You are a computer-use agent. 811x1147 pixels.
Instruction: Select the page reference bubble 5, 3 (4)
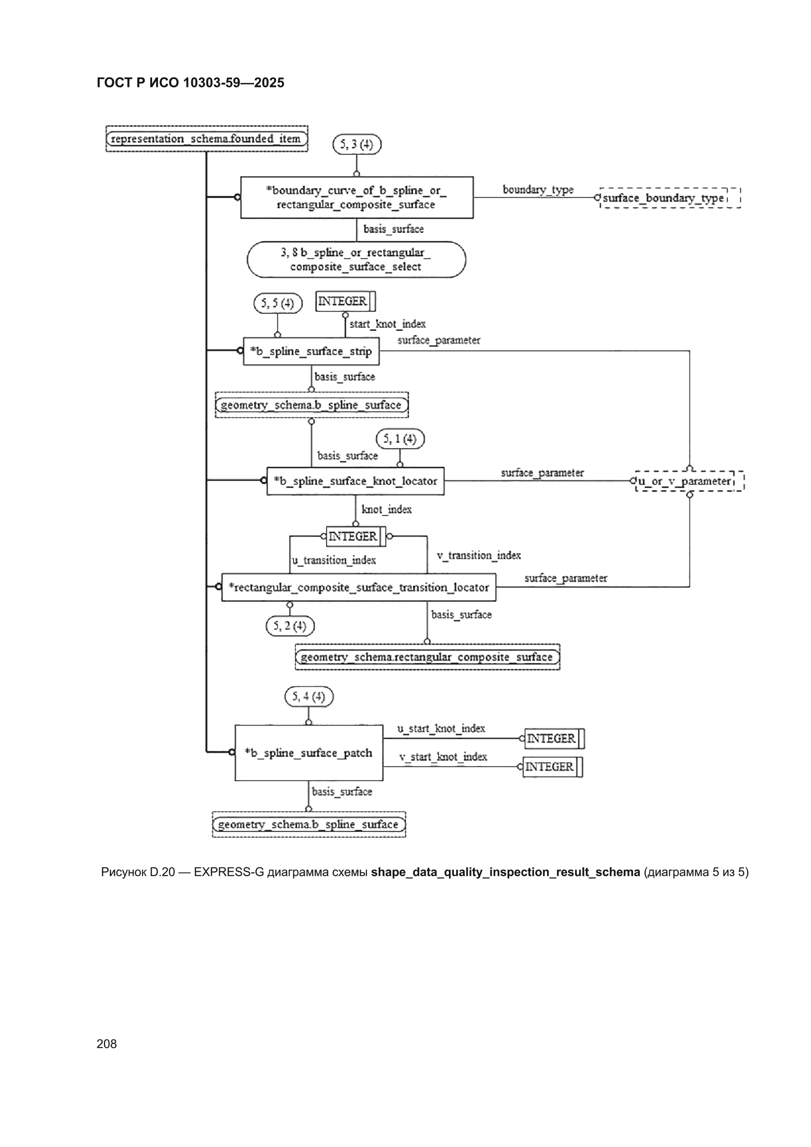[x=357, y=144]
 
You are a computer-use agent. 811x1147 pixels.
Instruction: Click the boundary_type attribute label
[x=538, y=189]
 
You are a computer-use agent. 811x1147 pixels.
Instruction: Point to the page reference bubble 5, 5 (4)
[x=278, y=303]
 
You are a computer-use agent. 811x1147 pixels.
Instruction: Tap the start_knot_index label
[x=387, y=324]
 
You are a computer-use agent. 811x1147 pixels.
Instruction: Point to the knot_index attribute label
[x=386, y=509]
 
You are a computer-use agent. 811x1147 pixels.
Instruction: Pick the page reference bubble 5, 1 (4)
[x=400, y=439]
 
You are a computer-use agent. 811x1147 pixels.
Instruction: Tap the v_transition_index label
[x=478, y=555]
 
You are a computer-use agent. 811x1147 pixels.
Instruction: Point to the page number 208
[x=106, y=1043]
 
